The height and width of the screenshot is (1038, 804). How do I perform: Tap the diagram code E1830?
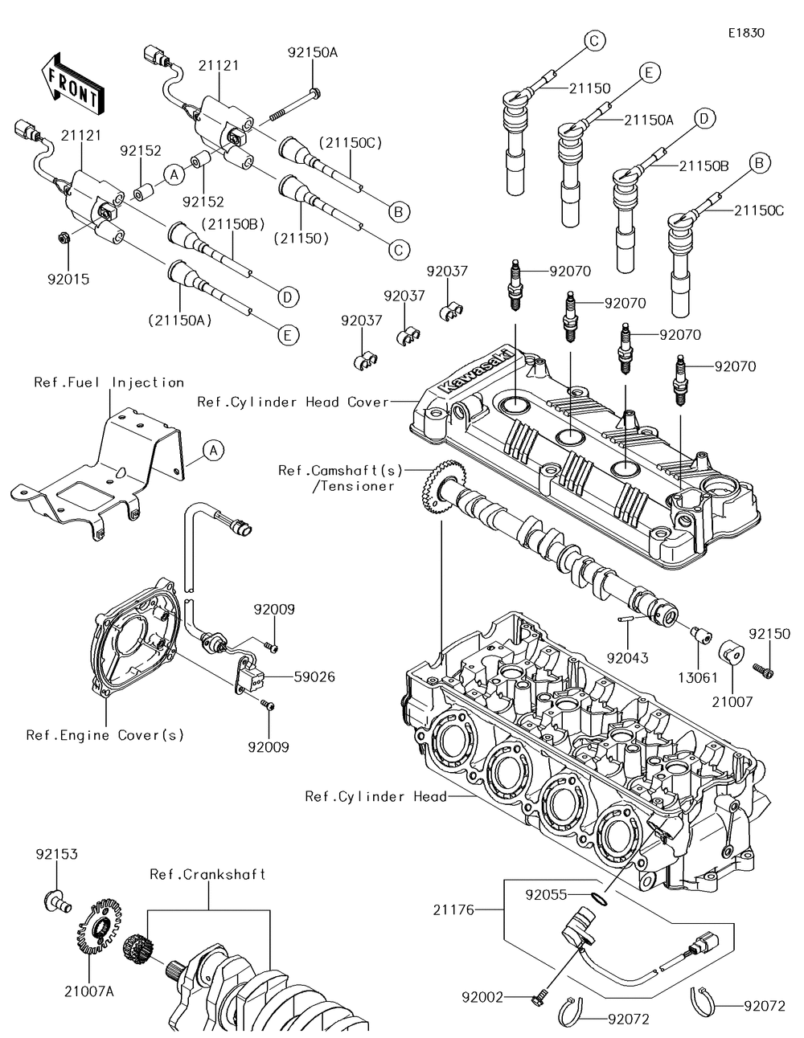tap(746, 34)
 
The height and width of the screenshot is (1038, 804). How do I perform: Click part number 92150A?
tap(313, 52)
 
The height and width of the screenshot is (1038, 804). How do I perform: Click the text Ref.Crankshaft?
tap(207, 874)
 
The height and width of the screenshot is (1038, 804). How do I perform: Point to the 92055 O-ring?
tap(595, 898)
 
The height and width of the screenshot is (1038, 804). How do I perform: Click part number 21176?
tap(454, 910)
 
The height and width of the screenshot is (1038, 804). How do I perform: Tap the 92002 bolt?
tap(538, 999)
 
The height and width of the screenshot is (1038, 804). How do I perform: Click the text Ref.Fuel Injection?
tap(109, 382)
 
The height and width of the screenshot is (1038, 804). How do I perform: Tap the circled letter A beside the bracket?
tap(212, 451)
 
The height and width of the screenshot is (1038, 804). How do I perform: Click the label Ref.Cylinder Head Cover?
tap(293, 402)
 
